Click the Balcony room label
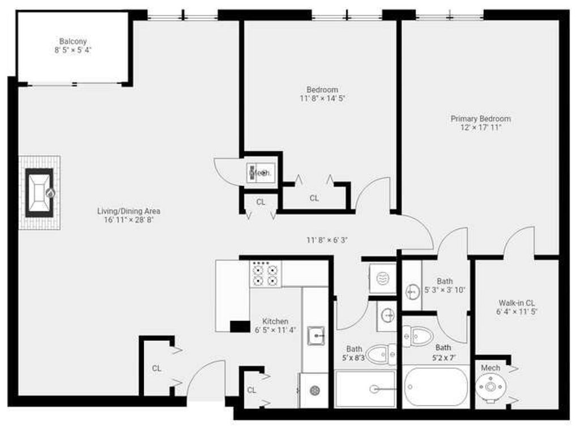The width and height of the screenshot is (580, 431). [x=73, y=41]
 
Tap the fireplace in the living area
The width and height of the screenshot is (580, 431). [x=40, y=193]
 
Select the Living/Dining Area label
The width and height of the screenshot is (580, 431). [x=129, y=211]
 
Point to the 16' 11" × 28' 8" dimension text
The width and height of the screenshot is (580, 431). [x=129, y=220]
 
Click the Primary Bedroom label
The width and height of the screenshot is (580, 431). [x=480, y=119]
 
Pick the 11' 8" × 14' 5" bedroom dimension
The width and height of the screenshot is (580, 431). [x=322, y=99]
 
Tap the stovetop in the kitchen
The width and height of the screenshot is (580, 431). [x=266, y=274]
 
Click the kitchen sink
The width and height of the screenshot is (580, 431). [x=316, y=335]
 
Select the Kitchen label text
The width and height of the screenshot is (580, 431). [x=275, y=321]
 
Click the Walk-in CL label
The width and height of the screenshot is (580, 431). [x=517, y=302]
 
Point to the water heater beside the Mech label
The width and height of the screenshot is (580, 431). [x=491, y=387]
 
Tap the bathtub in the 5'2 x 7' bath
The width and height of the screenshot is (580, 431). [x=436, y=387]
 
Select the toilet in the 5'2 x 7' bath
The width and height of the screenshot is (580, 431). [x=418, y=336]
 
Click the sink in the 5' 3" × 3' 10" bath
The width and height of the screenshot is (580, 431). [x=412, y=292]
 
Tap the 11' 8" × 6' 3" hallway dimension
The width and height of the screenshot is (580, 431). [x=327, y=240]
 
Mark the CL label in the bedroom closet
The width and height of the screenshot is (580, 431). [x=314, y=198]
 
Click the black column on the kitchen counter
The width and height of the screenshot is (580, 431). [x=240, y=326]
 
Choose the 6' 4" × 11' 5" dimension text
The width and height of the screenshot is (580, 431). [x=517, y=311]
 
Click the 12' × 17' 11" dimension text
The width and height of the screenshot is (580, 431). [x=480, y=127]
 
